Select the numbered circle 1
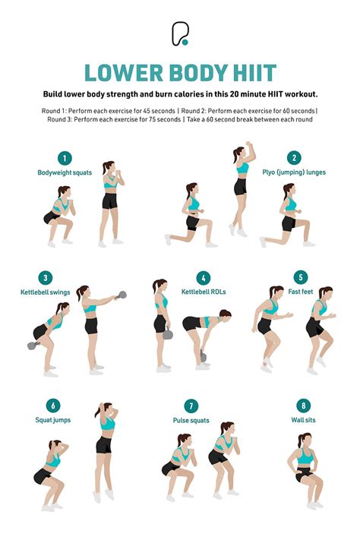coord(65,158)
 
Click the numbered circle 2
coord(293,158)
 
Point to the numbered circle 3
coord(47,278)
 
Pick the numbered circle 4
coord(203,278)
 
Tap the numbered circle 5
coord(302,278)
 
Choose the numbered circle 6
coord(53,406)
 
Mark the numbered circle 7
coord(192,406)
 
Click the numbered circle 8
coord(304,406)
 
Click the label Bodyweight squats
coord(65,172)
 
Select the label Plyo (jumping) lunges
coord(294,172)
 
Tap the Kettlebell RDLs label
coord(203,292)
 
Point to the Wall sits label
coord(304,419)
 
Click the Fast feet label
coord(302,292)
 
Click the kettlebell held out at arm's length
coord(122,295)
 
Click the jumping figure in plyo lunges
coord(240,190)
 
